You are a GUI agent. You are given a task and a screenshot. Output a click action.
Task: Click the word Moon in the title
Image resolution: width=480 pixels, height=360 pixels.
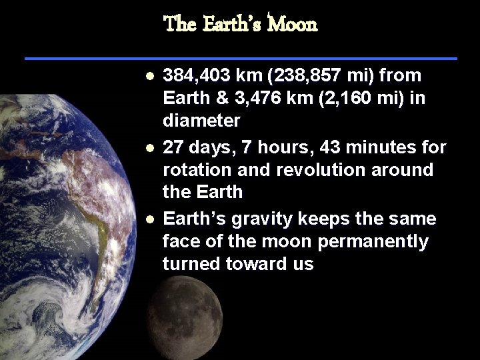[x=293, y=25]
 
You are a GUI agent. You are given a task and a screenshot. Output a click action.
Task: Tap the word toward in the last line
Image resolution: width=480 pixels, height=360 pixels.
[x=252, y=263]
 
